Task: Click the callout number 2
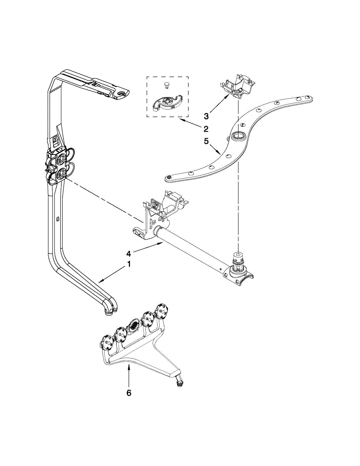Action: (x=206, y=129)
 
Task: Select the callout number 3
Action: (x=207, y=116)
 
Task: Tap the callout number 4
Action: (x=129, y=254)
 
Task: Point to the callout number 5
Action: (x=207, y=142)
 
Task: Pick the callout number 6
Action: (x=129, y=393)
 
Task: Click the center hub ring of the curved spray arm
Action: (x=237, y=136)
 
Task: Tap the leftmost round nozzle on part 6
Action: (x=107, y=342)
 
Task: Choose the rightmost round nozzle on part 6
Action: (x=160, y=311)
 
